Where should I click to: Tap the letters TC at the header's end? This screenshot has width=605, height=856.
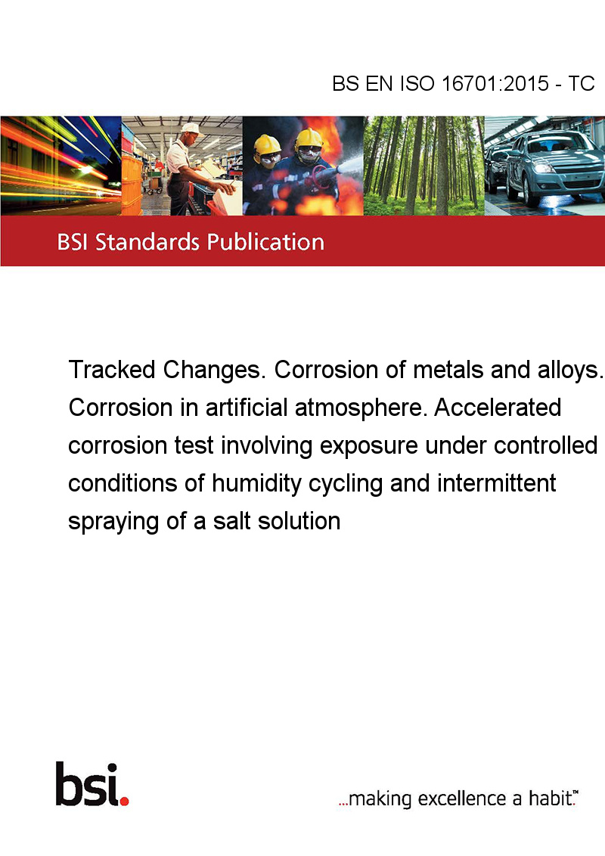pos(581,83)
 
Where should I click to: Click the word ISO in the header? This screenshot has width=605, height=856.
pos(417,83)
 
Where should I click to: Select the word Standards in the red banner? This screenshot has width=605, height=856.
pos(147,242)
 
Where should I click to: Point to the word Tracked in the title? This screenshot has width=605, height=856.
pos(112,370)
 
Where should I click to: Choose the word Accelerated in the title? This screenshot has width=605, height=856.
pos(498,408)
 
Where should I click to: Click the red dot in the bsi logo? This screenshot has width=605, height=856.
pos(124,801)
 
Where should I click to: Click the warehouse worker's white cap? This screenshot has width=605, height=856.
pos(191,129)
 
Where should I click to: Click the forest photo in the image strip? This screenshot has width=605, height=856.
pos(423,166)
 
